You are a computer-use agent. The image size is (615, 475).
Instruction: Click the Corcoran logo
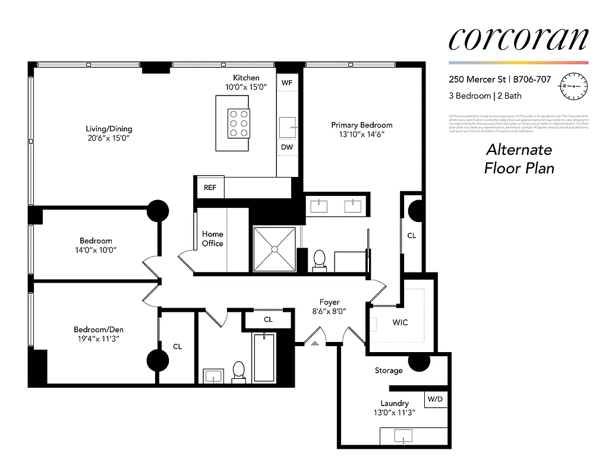coord(518,39)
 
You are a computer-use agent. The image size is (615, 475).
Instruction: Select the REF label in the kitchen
coord(210,188)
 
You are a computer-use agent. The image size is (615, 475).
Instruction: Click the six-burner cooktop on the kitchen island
coord(238,123)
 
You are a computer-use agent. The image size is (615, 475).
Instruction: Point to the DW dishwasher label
coord(287,147)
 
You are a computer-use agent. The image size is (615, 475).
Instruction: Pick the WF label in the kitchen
coord(287,83)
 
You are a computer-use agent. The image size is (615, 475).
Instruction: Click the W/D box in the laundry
coord(436,399)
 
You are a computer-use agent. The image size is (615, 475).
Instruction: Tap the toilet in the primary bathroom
coord(319,260)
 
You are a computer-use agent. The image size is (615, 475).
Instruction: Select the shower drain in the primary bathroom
coord(275,249)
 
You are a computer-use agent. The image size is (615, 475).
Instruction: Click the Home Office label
coord(212,239)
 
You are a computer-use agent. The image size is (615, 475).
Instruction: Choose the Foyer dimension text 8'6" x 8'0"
coord(329,311)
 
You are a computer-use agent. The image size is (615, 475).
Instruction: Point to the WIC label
coord(400,322)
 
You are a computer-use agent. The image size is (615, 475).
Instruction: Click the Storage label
coord(389,370)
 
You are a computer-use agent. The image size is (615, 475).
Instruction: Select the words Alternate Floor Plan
coord(519,159)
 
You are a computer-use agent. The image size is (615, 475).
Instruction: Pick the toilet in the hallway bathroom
coord(239,370)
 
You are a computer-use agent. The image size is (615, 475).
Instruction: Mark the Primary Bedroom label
coord(362,125)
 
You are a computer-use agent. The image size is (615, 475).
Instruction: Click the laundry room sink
coord(403,436)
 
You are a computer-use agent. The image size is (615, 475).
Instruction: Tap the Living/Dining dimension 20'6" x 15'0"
coord(109,138)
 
